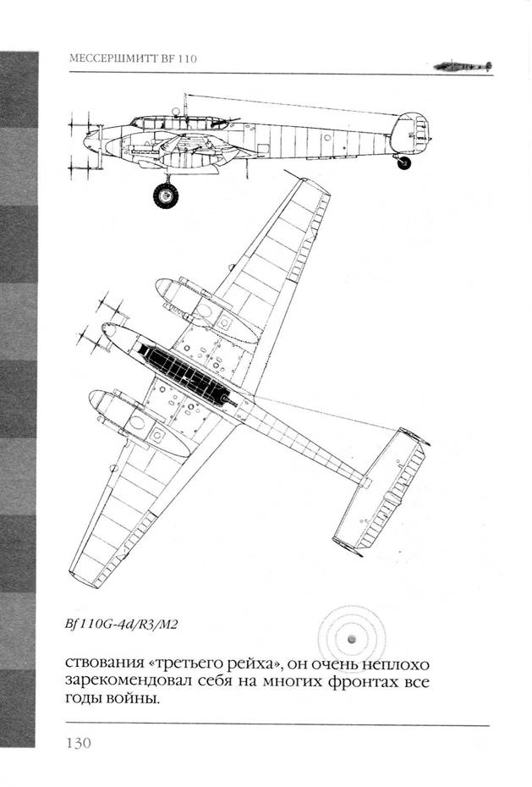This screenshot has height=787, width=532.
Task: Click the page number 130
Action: [x=79, y=742]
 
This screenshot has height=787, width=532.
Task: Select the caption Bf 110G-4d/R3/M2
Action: [x=122, y=625]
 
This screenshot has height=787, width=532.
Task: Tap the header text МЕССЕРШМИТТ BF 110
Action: [x=133, y=58]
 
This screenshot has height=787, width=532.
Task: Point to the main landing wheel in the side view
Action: [x=166, y=195]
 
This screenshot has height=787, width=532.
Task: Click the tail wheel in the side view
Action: [x=403, y=162]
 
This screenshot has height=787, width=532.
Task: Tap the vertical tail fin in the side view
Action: [x=410, y=132]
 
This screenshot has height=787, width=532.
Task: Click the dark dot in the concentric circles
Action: [x=352, y=639]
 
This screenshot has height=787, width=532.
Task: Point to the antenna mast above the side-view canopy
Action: [x=184, y=105]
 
